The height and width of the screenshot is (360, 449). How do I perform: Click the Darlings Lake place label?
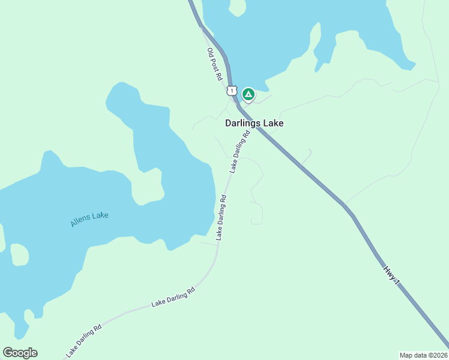pos(254,123)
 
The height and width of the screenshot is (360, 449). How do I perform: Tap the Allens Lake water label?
pos(89,219)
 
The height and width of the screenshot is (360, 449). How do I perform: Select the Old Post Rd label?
pos(215,65)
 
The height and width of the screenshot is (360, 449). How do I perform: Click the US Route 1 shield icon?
pos(232,91)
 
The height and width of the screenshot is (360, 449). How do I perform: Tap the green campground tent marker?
pos(248,94)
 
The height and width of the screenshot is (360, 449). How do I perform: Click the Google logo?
pos(20,353)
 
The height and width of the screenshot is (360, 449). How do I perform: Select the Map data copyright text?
pos(424,355)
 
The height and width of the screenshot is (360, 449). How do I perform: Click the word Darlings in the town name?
pos(243,123)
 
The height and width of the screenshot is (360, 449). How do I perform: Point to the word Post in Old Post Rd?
pos(215,65)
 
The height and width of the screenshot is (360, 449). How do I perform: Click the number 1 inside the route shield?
pos(232,91)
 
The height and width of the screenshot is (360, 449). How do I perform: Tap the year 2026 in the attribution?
pos(441,355)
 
